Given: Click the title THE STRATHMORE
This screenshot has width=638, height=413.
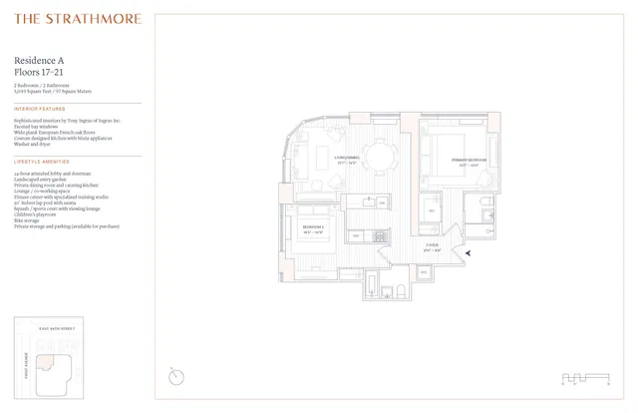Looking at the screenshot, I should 78,18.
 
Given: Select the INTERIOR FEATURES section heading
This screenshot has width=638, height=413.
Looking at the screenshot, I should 40,109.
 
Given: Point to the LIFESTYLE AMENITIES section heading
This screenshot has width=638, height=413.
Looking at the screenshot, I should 43,161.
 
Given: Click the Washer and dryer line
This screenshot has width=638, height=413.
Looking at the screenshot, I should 33,144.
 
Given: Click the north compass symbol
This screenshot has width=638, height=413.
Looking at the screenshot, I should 176,376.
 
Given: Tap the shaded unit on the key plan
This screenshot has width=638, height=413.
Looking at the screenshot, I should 45,368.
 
